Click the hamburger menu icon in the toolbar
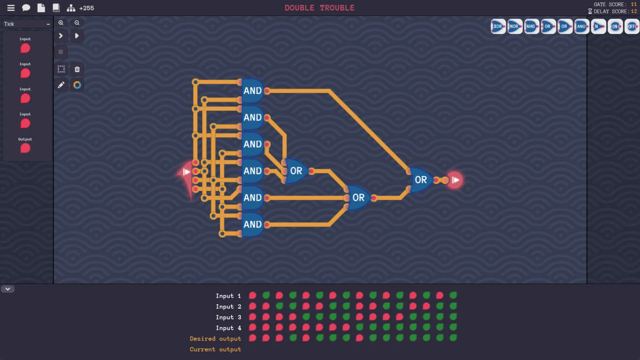tap(11, 8)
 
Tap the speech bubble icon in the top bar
tap(26, 8)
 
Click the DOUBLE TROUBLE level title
tap(319, 8)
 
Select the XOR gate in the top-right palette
tap(498, 26)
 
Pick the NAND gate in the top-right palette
tap(531, 26)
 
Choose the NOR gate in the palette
tap(515, 26)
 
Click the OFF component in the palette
tap(632, 26)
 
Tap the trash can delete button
tap(77, 69)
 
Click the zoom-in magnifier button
tap(61, 23)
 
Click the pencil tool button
tap(61, 85)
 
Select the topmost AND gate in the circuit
tap(252, 91)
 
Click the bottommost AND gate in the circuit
tap(252, 224)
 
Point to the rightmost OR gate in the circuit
tap(421, 180)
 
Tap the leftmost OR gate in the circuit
tap(296, 171)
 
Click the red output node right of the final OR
tap(455, 180)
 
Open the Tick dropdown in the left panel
tap(27, 24)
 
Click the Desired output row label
tap(215, 339)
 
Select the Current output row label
tap(215, 349)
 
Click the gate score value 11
tap(634, 4)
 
